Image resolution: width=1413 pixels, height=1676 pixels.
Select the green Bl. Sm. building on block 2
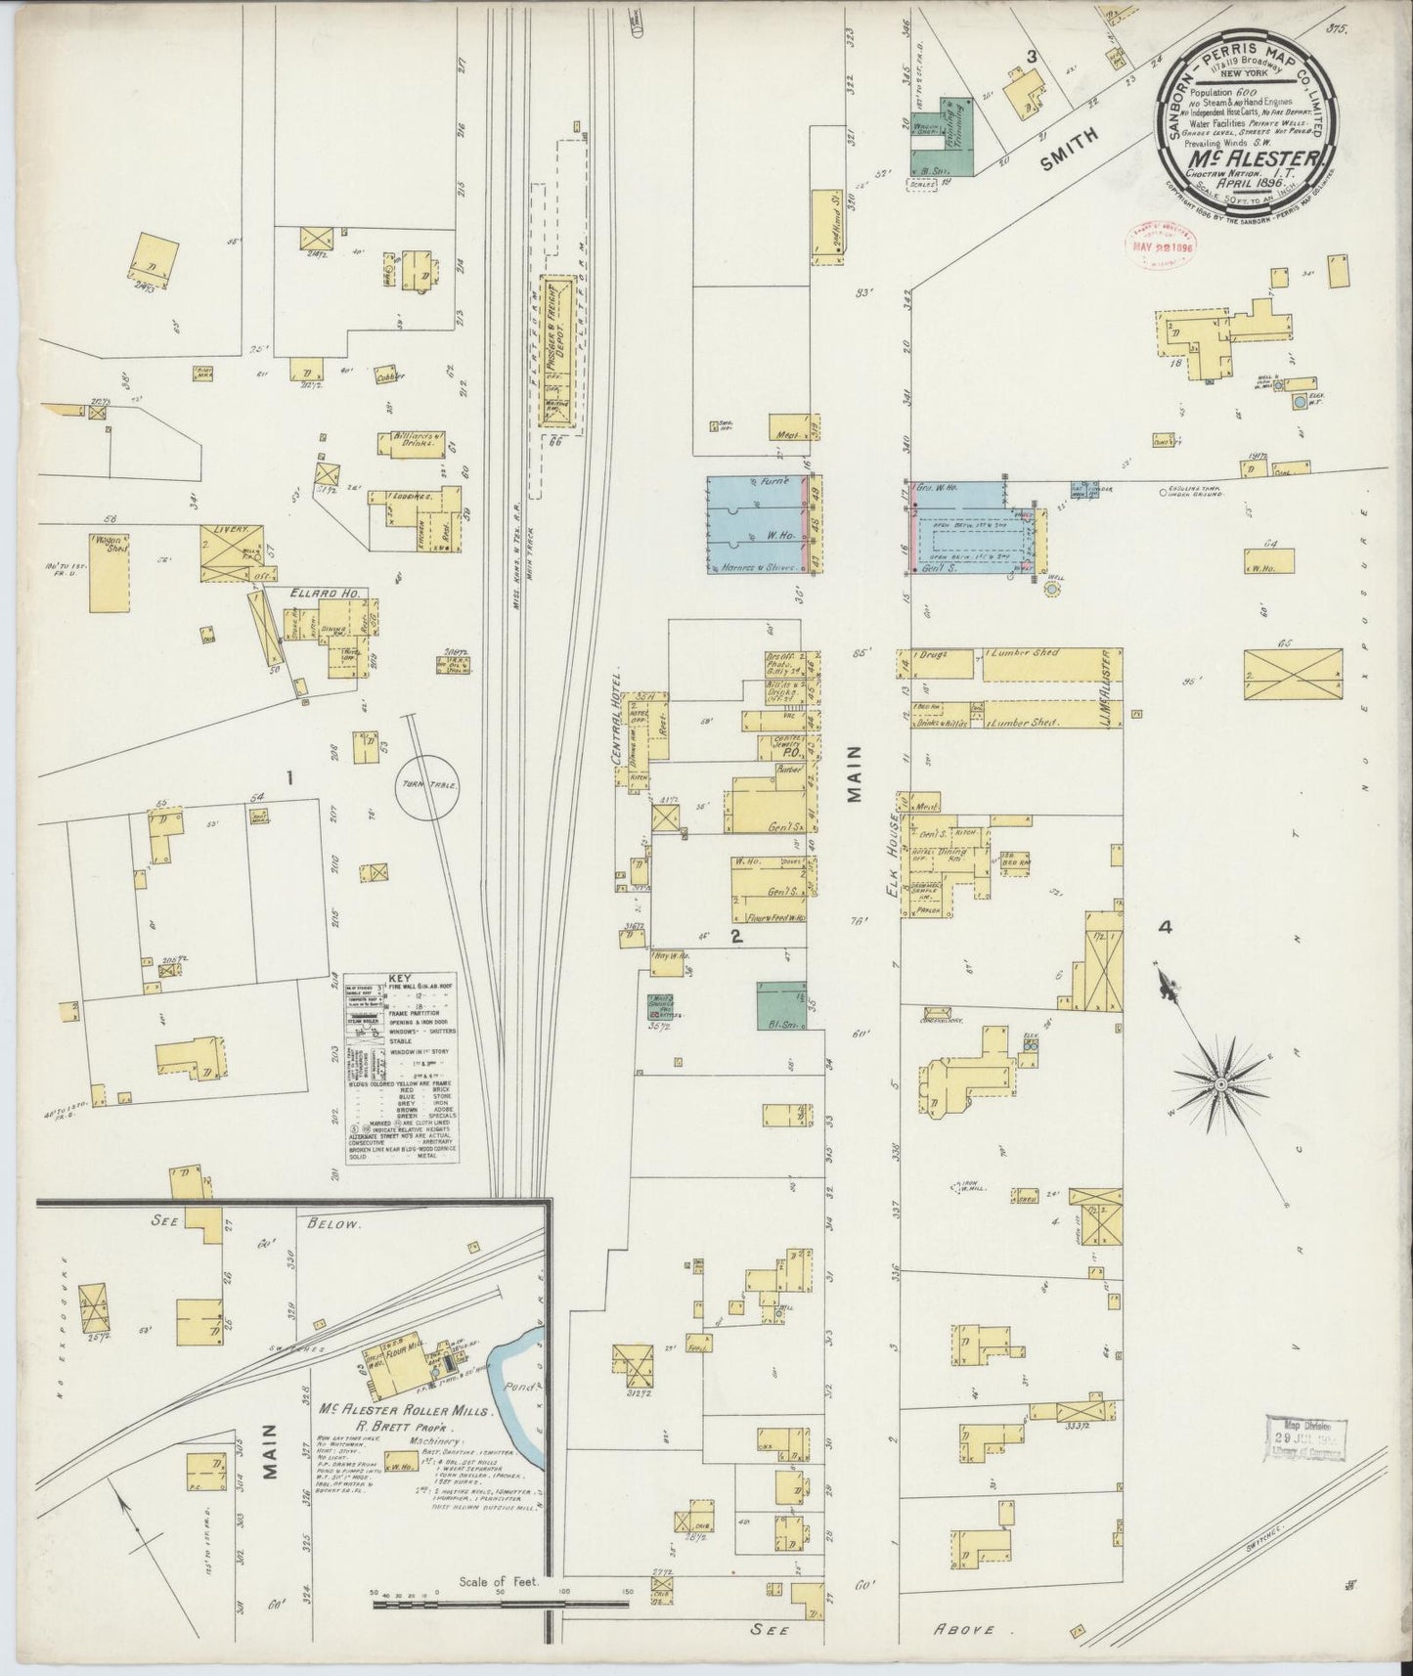[781, 1005]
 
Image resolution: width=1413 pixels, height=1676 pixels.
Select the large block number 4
[1164, 927]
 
